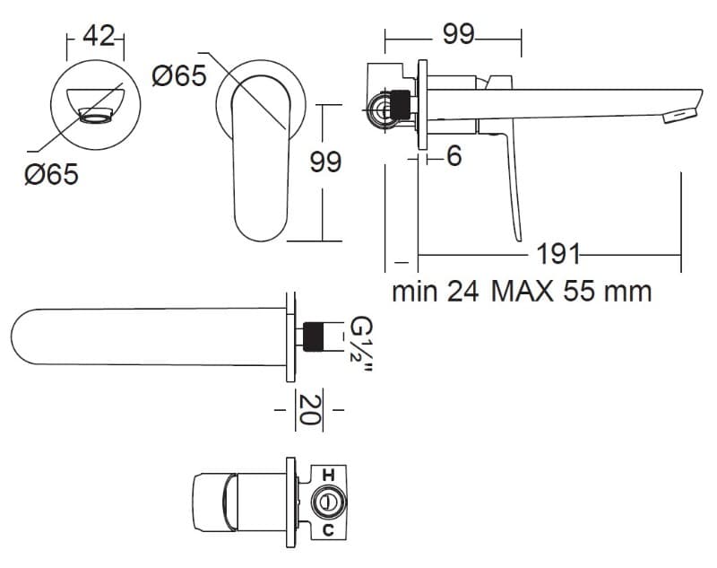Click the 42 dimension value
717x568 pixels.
(x=98, y=36)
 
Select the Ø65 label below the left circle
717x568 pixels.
(x=51, y=174)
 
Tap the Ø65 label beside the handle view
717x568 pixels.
(x=179, y=75)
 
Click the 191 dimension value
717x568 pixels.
(x=557, y=254)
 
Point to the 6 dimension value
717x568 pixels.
(x=454, y=156)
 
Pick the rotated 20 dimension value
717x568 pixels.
(x=309, y=410)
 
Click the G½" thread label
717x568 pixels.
(x=361, y=345)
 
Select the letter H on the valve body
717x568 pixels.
(x=328, y=475)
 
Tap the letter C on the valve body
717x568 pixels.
(x=328, y=530)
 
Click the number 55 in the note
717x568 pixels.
(x=577, y=291)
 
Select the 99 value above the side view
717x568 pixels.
(x=459, y=34)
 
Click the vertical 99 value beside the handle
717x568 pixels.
(x=325, y=162)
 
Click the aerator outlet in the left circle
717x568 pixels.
(x=96, y=115)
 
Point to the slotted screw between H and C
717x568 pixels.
(x=327, y=502)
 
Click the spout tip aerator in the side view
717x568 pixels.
(x=679, y=115)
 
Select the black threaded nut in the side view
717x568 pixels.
(x=401, y=105)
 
